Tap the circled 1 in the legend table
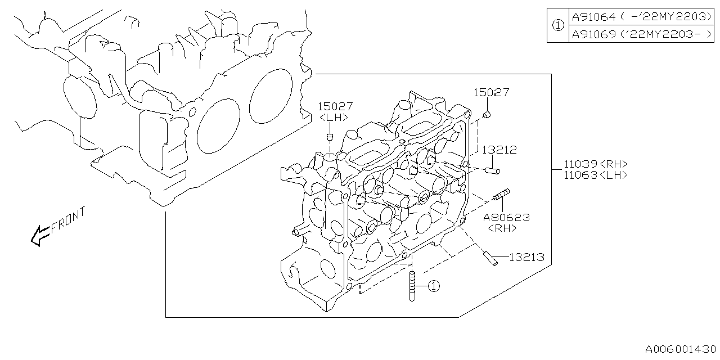557,25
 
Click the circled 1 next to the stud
433,286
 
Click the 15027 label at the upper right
490,92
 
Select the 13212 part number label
498,150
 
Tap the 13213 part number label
526,257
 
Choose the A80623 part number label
506,217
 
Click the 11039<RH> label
595,164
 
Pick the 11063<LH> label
595,175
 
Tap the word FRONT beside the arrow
69,220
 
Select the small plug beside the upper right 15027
487,115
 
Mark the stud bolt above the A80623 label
501,195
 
